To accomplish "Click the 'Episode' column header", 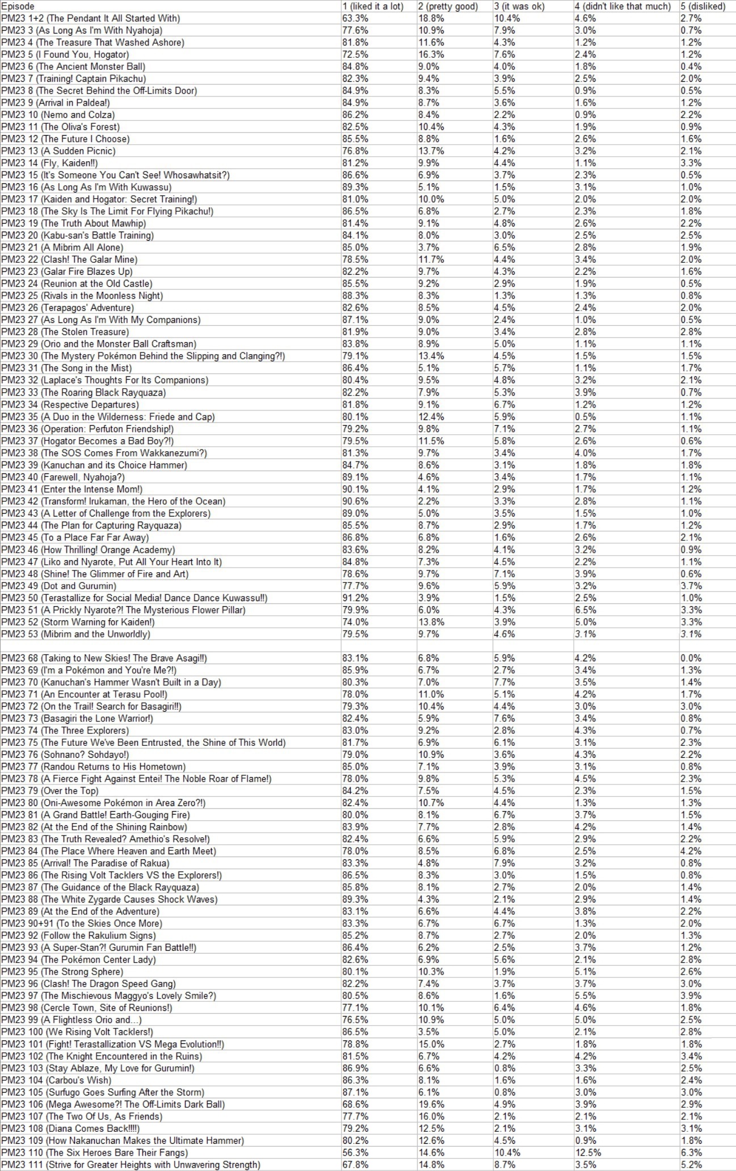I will [x=18, y=6].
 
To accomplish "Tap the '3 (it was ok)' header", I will [x=519, y=6].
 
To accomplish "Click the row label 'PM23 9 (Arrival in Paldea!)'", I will [x=56, y=103].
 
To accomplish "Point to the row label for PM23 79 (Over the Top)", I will [x=50, y=791].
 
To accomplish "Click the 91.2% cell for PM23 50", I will [x=355, y=598].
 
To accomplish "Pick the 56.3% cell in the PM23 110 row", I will [x=355, y=1152].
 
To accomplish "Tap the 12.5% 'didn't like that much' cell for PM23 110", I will [x=588, y=1152].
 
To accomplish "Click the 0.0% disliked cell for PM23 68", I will [x=691, y=658].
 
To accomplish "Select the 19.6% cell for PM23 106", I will [x=431, y=1104].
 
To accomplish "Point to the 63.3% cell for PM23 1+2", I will [x=355, y=18].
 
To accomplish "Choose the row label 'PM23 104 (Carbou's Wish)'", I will [x=56, y=1080].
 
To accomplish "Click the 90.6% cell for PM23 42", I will [x=355, y=501].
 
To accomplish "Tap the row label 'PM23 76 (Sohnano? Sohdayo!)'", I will [x=65, y=754].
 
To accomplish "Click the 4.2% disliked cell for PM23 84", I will [x=691, y=851].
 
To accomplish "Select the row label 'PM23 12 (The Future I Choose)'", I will [x=65, y=139].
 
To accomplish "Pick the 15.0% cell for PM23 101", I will [x=431, y=1044].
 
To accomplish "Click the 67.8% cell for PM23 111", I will [x=355, y=1164].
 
